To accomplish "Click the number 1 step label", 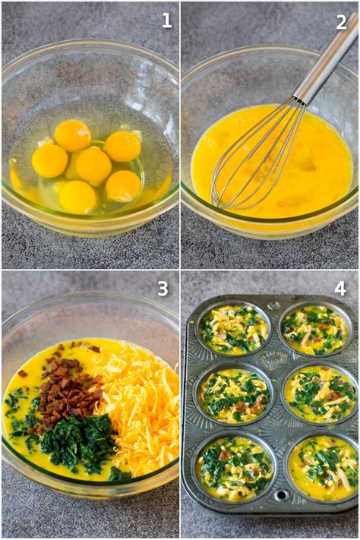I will (x=166, y=21).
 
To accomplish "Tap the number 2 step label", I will (x=342, y=21).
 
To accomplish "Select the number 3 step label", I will (x=162, y=289).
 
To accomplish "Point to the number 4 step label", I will (x=340, y=289).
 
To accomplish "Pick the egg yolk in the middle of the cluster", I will (x=93, y=165).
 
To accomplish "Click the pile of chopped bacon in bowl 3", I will (x=67, y=391).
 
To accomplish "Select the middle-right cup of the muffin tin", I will (x=321, y=394).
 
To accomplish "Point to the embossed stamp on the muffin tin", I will (x=274, y=358).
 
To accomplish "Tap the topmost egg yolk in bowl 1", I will (x=73, y=135).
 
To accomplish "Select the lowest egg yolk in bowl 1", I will (x=77, y=197).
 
